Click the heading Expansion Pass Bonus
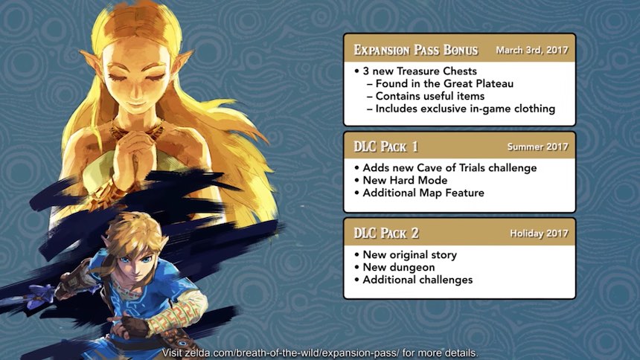tap(415, 50)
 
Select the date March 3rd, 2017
tap(532, 50)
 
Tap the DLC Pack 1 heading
tap(385, 147)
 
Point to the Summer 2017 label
tap(537, 147)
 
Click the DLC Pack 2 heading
tap(386, 233)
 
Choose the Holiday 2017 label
tap(539, 234)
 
